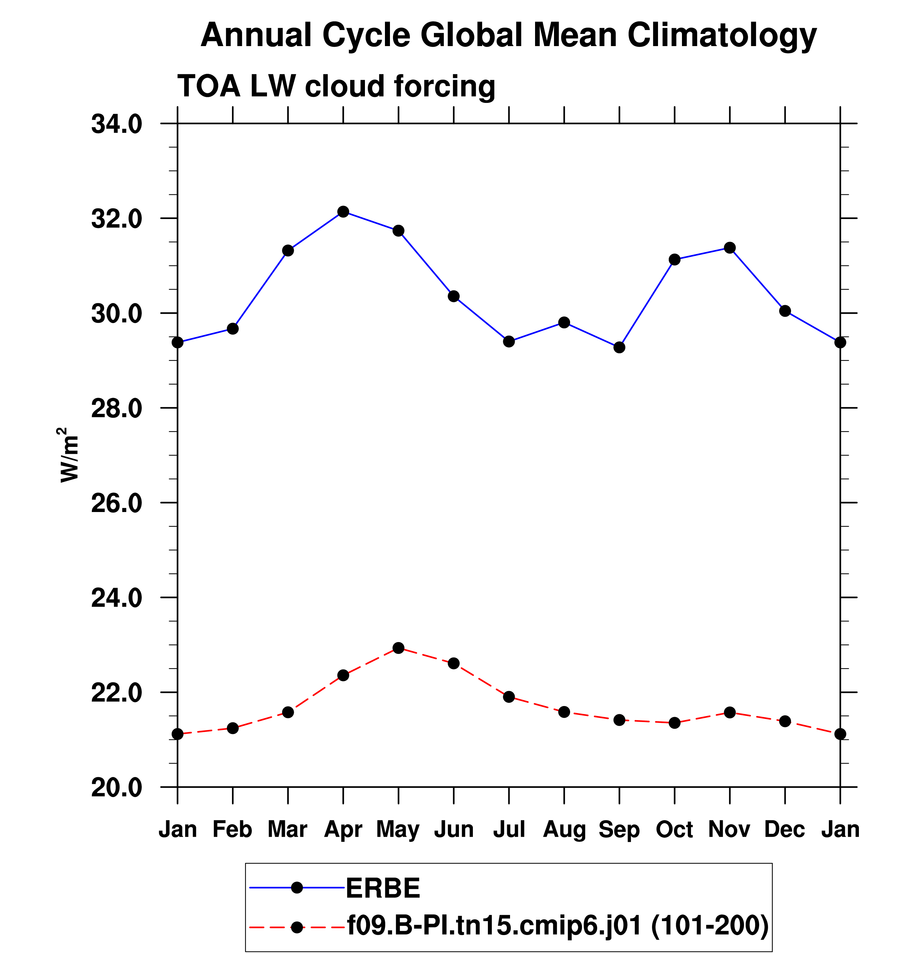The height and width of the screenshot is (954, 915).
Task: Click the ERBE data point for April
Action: pos(343,212)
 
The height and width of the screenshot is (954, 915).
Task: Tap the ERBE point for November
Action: pos(730,248)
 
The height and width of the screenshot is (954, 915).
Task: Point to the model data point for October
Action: pos(674,723)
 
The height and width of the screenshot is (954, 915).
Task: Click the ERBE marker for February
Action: pos(233,329)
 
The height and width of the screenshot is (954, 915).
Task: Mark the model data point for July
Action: pos(509,697)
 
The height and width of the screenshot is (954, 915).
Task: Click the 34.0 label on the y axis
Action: pos(117,124)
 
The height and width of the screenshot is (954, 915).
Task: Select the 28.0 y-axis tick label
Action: pos(117,408)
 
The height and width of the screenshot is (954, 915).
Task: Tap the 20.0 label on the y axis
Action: pos(117,787)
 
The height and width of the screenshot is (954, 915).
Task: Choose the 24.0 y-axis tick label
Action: pos(117,598)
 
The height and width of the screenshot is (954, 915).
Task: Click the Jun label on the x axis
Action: pos(454,829)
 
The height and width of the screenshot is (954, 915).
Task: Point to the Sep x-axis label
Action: pos(619,829)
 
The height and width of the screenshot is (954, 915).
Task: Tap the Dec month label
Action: pos(785,829)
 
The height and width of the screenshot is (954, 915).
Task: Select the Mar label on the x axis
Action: pos(288,829)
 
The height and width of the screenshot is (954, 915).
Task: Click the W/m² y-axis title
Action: pos(69,455)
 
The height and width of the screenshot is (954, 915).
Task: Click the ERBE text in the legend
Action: pos(383,888)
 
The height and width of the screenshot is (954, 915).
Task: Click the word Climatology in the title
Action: pos(722,35)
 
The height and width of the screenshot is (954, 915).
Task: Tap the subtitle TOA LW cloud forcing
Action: pos(336,86)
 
